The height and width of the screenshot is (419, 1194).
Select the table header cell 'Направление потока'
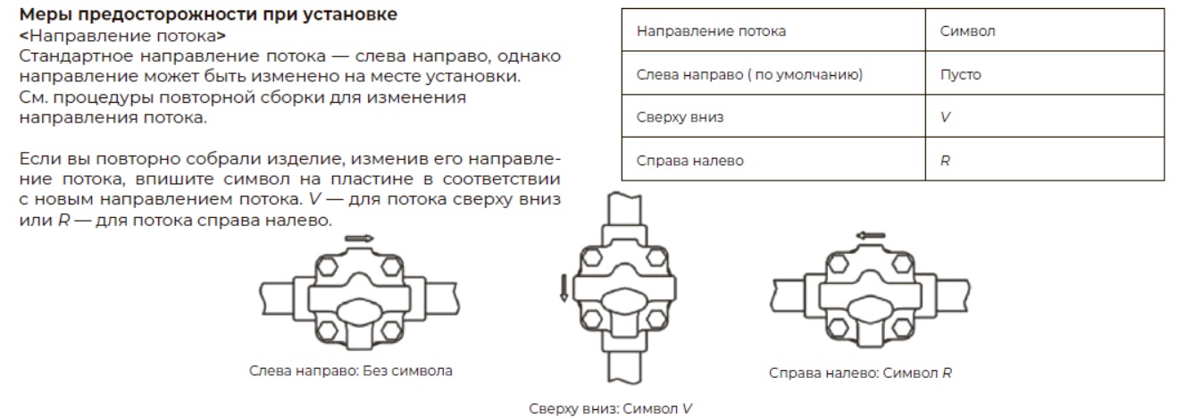[x=711, y=31]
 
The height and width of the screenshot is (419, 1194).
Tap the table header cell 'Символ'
[x=967, y=31]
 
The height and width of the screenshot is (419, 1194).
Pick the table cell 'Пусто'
[x=960, y=75]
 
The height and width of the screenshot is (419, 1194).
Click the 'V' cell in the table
[x=945, y=118]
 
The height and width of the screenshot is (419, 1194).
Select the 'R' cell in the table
[x=945, y=162]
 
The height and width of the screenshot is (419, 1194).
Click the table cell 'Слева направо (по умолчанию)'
[x=749, y=75]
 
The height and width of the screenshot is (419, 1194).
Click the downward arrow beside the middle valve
[x=564, y=289]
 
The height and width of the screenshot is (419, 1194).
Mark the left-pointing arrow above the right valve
[x=869, y=236]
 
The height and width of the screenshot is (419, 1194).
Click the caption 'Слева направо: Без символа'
[x=350, y=371]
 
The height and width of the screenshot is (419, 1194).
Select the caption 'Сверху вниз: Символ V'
[x=611, y=408]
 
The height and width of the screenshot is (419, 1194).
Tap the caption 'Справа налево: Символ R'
[x=860, y=373]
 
